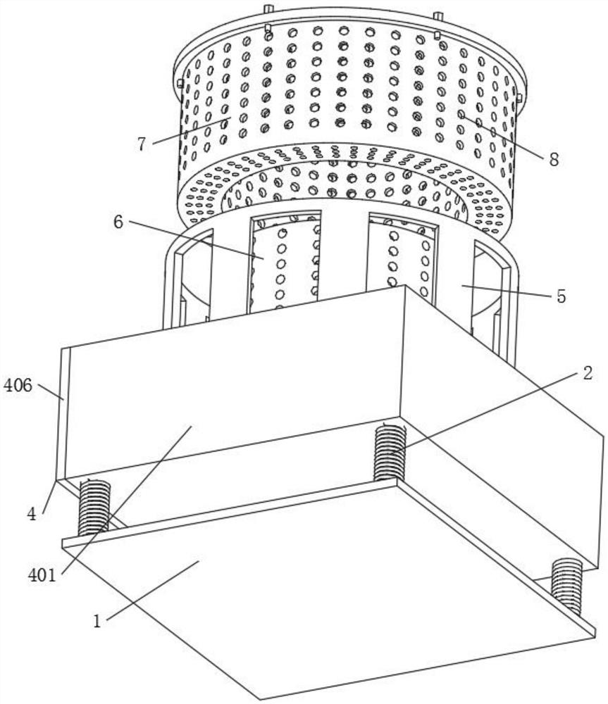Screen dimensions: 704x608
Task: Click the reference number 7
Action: pos(141,144)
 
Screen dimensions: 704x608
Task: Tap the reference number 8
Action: pos(553,160)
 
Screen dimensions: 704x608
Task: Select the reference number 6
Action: pos(118,222)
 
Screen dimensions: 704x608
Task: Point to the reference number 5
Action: pos(561,296)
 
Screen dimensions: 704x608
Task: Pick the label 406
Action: pos(18,385)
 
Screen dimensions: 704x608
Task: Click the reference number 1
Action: pos(98,622)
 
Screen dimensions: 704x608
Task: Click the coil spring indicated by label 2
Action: pos(389,451)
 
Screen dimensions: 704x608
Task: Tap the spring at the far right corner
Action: pos(567,585)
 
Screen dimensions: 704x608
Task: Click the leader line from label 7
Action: pos(190,130)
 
